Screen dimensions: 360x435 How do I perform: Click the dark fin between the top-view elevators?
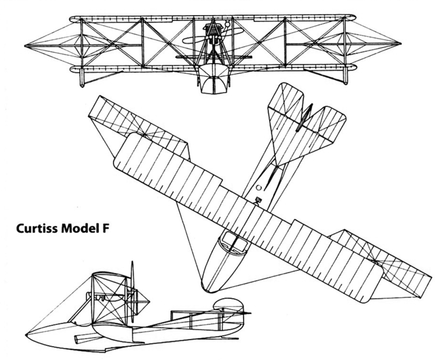307,118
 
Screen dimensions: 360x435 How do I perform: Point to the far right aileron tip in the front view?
400,45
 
